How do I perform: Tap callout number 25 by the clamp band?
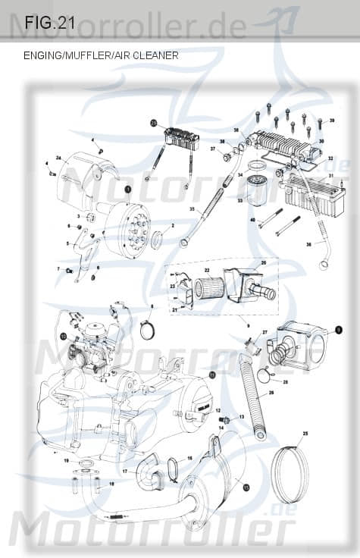[305, 433]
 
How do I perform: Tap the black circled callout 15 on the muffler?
[246, 489]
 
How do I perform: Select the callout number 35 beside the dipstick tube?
[192, 208]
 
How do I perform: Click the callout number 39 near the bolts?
[331, 121]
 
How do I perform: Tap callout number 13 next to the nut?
[241, 417]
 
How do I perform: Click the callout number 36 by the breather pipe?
[308, 245]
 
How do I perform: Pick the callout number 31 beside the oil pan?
[330, 176]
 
